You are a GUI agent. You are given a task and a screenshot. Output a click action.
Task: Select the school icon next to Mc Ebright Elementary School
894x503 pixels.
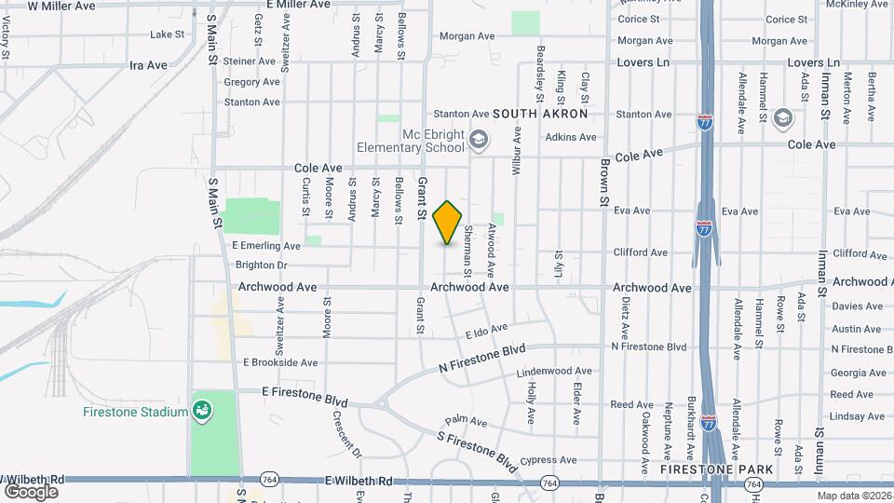click(x=479, y=141)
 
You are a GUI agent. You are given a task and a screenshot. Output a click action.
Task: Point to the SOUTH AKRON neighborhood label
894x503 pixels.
click(x=540, y=114)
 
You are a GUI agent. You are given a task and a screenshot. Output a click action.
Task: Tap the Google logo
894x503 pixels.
click(x=31, y=491)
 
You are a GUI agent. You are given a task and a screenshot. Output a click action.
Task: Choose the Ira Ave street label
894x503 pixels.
click(x=148, y=65)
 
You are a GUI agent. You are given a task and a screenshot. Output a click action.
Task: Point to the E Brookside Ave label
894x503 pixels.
click(x=280, y=362)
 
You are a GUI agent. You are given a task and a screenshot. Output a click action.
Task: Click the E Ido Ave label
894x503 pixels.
click(x=486, y=331)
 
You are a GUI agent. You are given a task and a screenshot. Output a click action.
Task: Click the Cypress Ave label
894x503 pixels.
click(x=549, y=460)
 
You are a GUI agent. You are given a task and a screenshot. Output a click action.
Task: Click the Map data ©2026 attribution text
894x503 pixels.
click(x=854, y=496)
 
